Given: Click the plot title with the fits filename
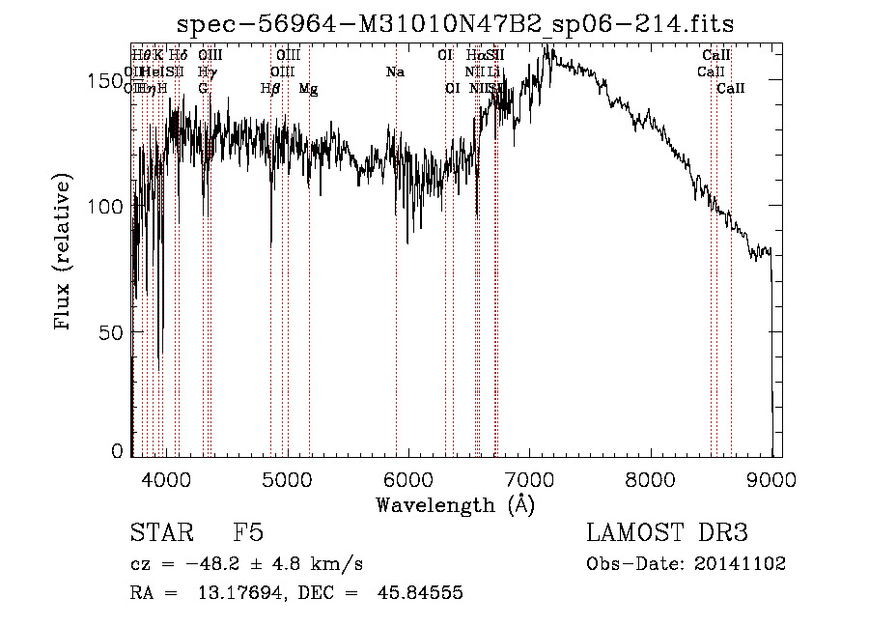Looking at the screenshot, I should click(x=463, y=24).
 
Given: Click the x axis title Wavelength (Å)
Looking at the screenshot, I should click(x=455, y=504).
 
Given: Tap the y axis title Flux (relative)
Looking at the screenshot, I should click(x=64, y=253).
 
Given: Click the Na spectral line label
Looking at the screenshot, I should click(x=394, y=72).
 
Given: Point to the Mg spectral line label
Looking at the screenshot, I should click(x=308, y=89).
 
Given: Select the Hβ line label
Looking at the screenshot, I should click(x=270, y=89).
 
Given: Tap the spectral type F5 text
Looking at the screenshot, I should click(x=248, y=534).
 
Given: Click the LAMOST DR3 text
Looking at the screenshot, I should click(x=667, y=534).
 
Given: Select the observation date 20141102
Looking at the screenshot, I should click(x=740, y=564).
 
